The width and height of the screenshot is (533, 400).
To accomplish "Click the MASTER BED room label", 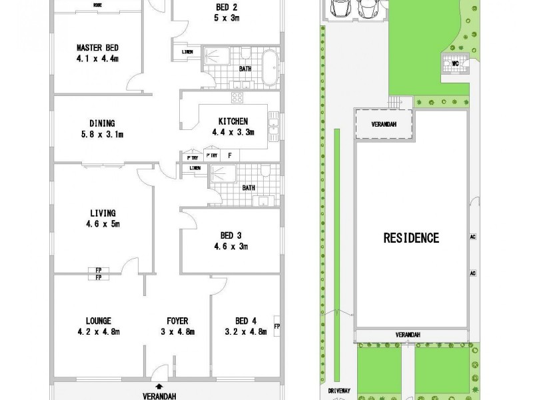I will point(97,47).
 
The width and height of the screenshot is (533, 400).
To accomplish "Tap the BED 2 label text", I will point(227,7).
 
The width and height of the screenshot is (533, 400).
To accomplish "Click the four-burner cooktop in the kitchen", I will point(237,98).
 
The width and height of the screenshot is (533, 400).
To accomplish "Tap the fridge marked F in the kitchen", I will point(229,155).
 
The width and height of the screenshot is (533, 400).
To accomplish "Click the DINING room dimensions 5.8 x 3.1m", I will point(102,134).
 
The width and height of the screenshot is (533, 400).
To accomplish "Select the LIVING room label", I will point(103,213).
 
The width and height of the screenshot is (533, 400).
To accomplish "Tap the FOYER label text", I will point(177,321).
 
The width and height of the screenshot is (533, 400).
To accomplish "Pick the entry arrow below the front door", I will point(159,385).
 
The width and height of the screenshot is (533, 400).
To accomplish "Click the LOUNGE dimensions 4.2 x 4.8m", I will point(97,331).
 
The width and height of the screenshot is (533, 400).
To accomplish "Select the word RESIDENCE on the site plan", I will point(410,237).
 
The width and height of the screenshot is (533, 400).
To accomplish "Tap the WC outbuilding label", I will point(456,64).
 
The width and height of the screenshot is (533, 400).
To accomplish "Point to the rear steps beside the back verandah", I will point(396,101).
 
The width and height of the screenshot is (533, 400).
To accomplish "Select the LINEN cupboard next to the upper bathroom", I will point(188,53).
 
